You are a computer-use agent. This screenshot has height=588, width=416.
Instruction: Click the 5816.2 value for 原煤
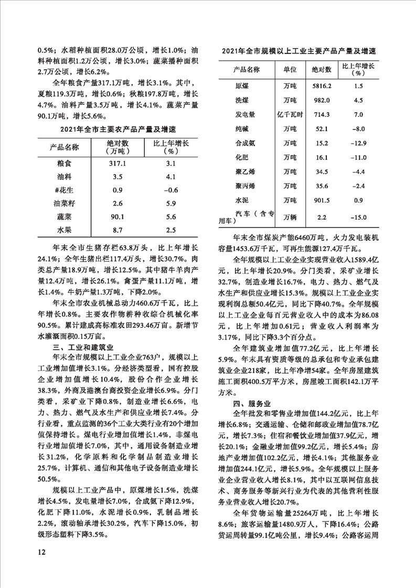point(321,85)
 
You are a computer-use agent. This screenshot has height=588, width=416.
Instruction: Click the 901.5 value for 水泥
point(321,199)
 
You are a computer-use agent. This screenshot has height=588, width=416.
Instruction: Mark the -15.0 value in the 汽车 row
point(359,217)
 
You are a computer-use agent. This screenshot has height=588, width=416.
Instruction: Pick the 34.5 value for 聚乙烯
point(321,171)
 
